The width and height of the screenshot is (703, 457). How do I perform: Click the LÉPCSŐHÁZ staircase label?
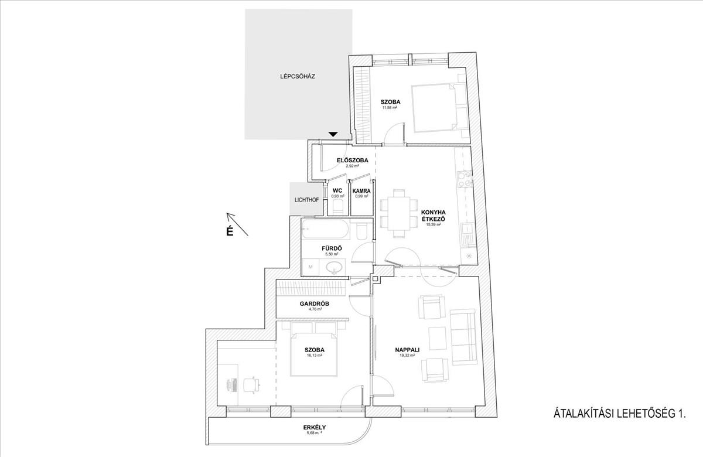(x=298, y=76)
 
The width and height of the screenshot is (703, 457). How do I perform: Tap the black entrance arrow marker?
(x=333, y=135)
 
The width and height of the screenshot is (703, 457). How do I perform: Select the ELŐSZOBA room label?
(x=352, y=160)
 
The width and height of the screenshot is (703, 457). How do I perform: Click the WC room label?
(x=337, y=190)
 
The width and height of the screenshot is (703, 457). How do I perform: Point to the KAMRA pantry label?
(x=361, y=190)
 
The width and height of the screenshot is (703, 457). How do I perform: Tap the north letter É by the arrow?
(x=230, y=231)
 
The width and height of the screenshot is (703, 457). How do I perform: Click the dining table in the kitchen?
(x=399, y=213)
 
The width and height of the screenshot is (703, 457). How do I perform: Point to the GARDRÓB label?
(x=315, y=303)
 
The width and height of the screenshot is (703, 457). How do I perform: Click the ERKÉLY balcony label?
(x=315, y=427)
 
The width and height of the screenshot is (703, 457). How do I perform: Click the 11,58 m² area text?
(x=390, y=108)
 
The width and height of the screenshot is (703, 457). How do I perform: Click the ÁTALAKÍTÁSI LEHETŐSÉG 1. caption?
(x=619, y=414)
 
